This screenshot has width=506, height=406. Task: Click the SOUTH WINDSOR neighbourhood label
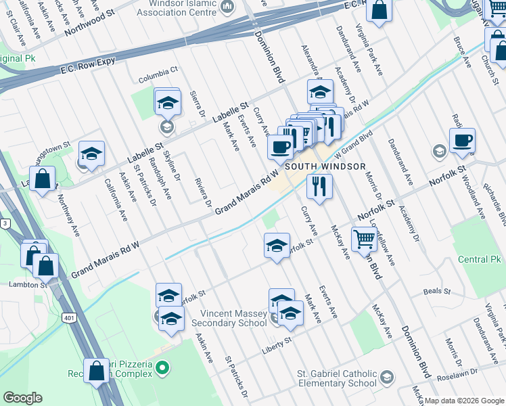click(325, 166)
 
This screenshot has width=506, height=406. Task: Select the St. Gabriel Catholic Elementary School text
click(337, 378)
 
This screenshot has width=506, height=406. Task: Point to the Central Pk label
click(480, 259)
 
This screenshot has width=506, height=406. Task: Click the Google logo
click(22, 397)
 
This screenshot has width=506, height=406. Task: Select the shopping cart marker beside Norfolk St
click(364, 238)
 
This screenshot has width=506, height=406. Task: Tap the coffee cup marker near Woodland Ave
click(463, 140)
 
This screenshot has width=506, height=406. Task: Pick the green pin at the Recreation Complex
click(162, 368)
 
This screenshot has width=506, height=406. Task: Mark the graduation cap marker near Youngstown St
click(91, 154)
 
